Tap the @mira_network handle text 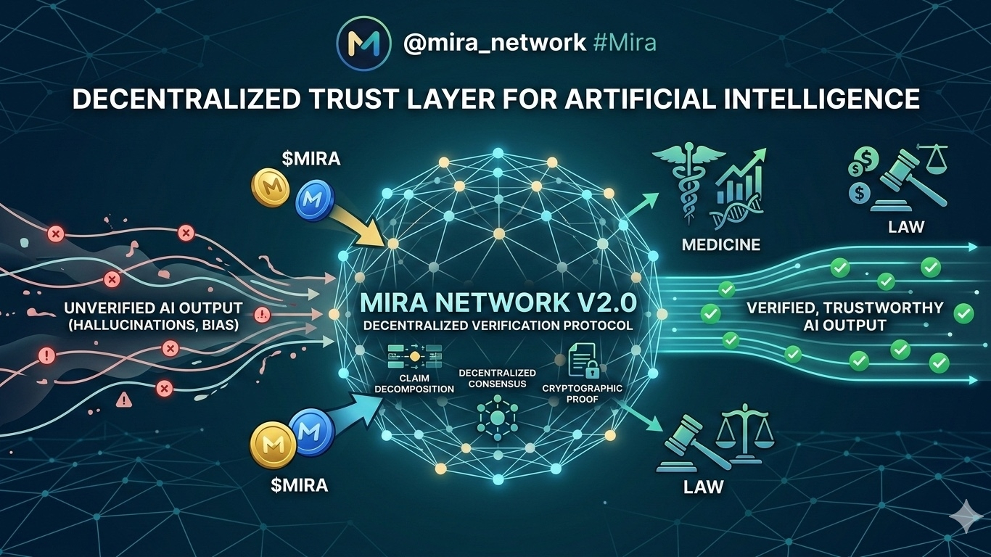point(494,43)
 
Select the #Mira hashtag point(624,43)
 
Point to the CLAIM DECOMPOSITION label point(414,383)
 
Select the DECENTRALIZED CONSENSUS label point(497,377)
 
